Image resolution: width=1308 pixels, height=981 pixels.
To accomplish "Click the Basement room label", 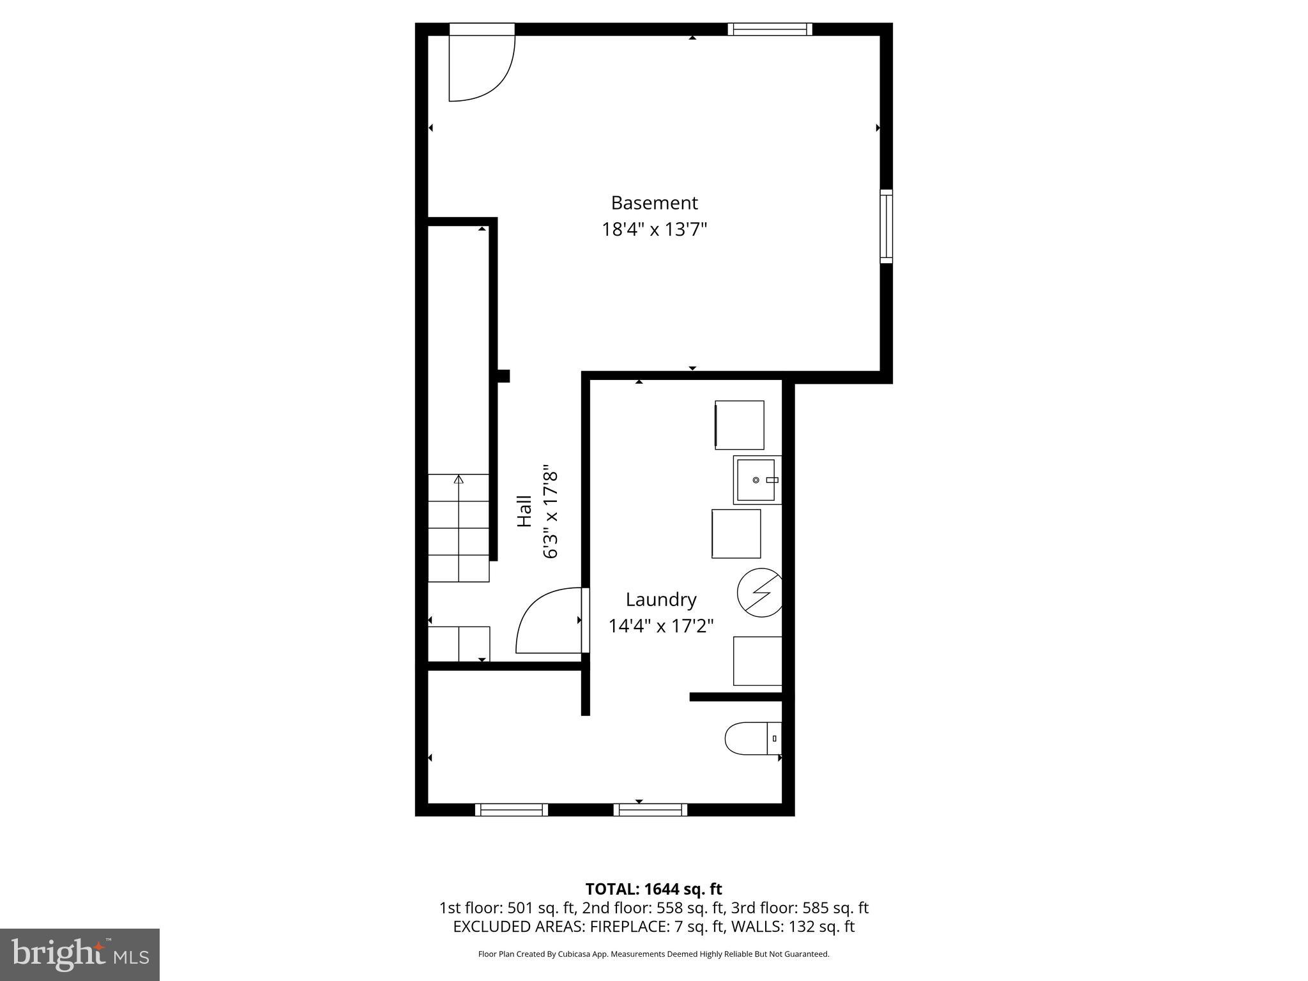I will click(x=654, y=203).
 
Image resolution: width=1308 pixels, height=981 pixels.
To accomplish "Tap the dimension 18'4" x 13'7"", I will click(x=654, y=229).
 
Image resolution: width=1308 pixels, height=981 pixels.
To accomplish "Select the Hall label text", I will click(x=524, y=511).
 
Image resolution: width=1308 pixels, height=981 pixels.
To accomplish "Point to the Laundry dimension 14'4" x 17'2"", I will click(x=660, y=626).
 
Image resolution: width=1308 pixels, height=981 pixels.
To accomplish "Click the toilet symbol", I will click(x=752, y=738).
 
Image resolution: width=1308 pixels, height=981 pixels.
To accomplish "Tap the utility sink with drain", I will click(x=757, y=480).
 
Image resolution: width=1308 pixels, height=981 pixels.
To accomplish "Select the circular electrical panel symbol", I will click(x=759, y=593).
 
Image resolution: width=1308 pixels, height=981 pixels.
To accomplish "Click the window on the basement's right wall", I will click(x=886, y=226).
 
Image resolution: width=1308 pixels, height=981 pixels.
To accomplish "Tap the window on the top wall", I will click(x=770, y=29).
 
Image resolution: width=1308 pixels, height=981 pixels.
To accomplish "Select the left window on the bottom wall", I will click(x=512, y=810).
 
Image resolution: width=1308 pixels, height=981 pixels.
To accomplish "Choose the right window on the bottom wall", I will click(x=650, y=810).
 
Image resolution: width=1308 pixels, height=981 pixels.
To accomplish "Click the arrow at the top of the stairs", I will click(x=459, y=479).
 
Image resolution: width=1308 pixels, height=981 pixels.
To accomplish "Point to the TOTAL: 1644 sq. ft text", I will click(x=653, y=889).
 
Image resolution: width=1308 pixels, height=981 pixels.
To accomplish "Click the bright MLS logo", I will click(x=80, y=954).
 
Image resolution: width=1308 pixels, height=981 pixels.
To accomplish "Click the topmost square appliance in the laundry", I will click(x=740, y=425).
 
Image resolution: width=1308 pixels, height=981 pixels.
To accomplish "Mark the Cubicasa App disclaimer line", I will click(x=653, y=954).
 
